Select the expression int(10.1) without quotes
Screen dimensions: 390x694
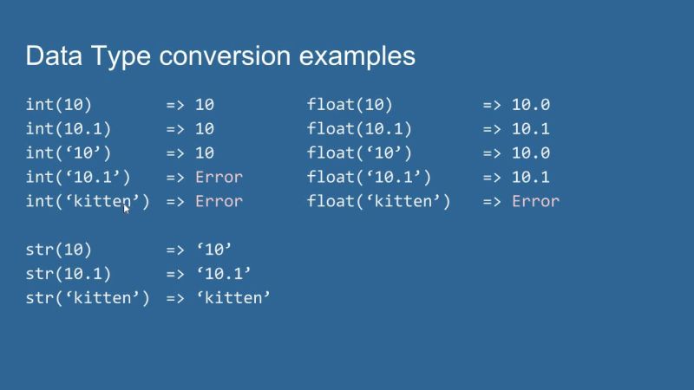(69, 129)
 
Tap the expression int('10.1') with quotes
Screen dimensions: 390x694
(78, 178)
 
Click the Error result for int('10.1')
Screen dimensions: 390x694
(219, 178)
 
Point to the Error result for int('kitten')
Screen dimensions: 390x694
(219, 202)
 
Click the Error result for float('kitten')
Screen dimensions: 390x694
(535, 202)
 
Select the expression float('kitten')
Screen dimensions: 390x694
(378, 202)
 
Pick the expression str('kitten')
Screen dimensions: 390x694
(88, 298)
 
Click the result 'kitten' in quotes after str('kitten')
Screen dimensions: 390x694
(233, 298)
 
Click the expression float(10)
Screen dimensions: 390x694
(350, 106)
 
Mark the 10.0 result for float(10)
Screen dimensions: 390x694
(531, 106)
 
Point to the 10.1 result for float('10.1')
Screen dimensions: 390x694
(531, 178)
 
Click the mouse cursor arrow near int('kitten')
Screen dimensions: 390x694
(127, 208)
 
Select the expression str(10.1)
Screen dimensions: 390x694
(69, 274)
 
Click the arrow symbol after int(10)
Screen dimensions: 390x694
(175, 106)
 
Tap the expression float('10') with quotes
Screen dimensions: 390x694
(359, 153)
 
